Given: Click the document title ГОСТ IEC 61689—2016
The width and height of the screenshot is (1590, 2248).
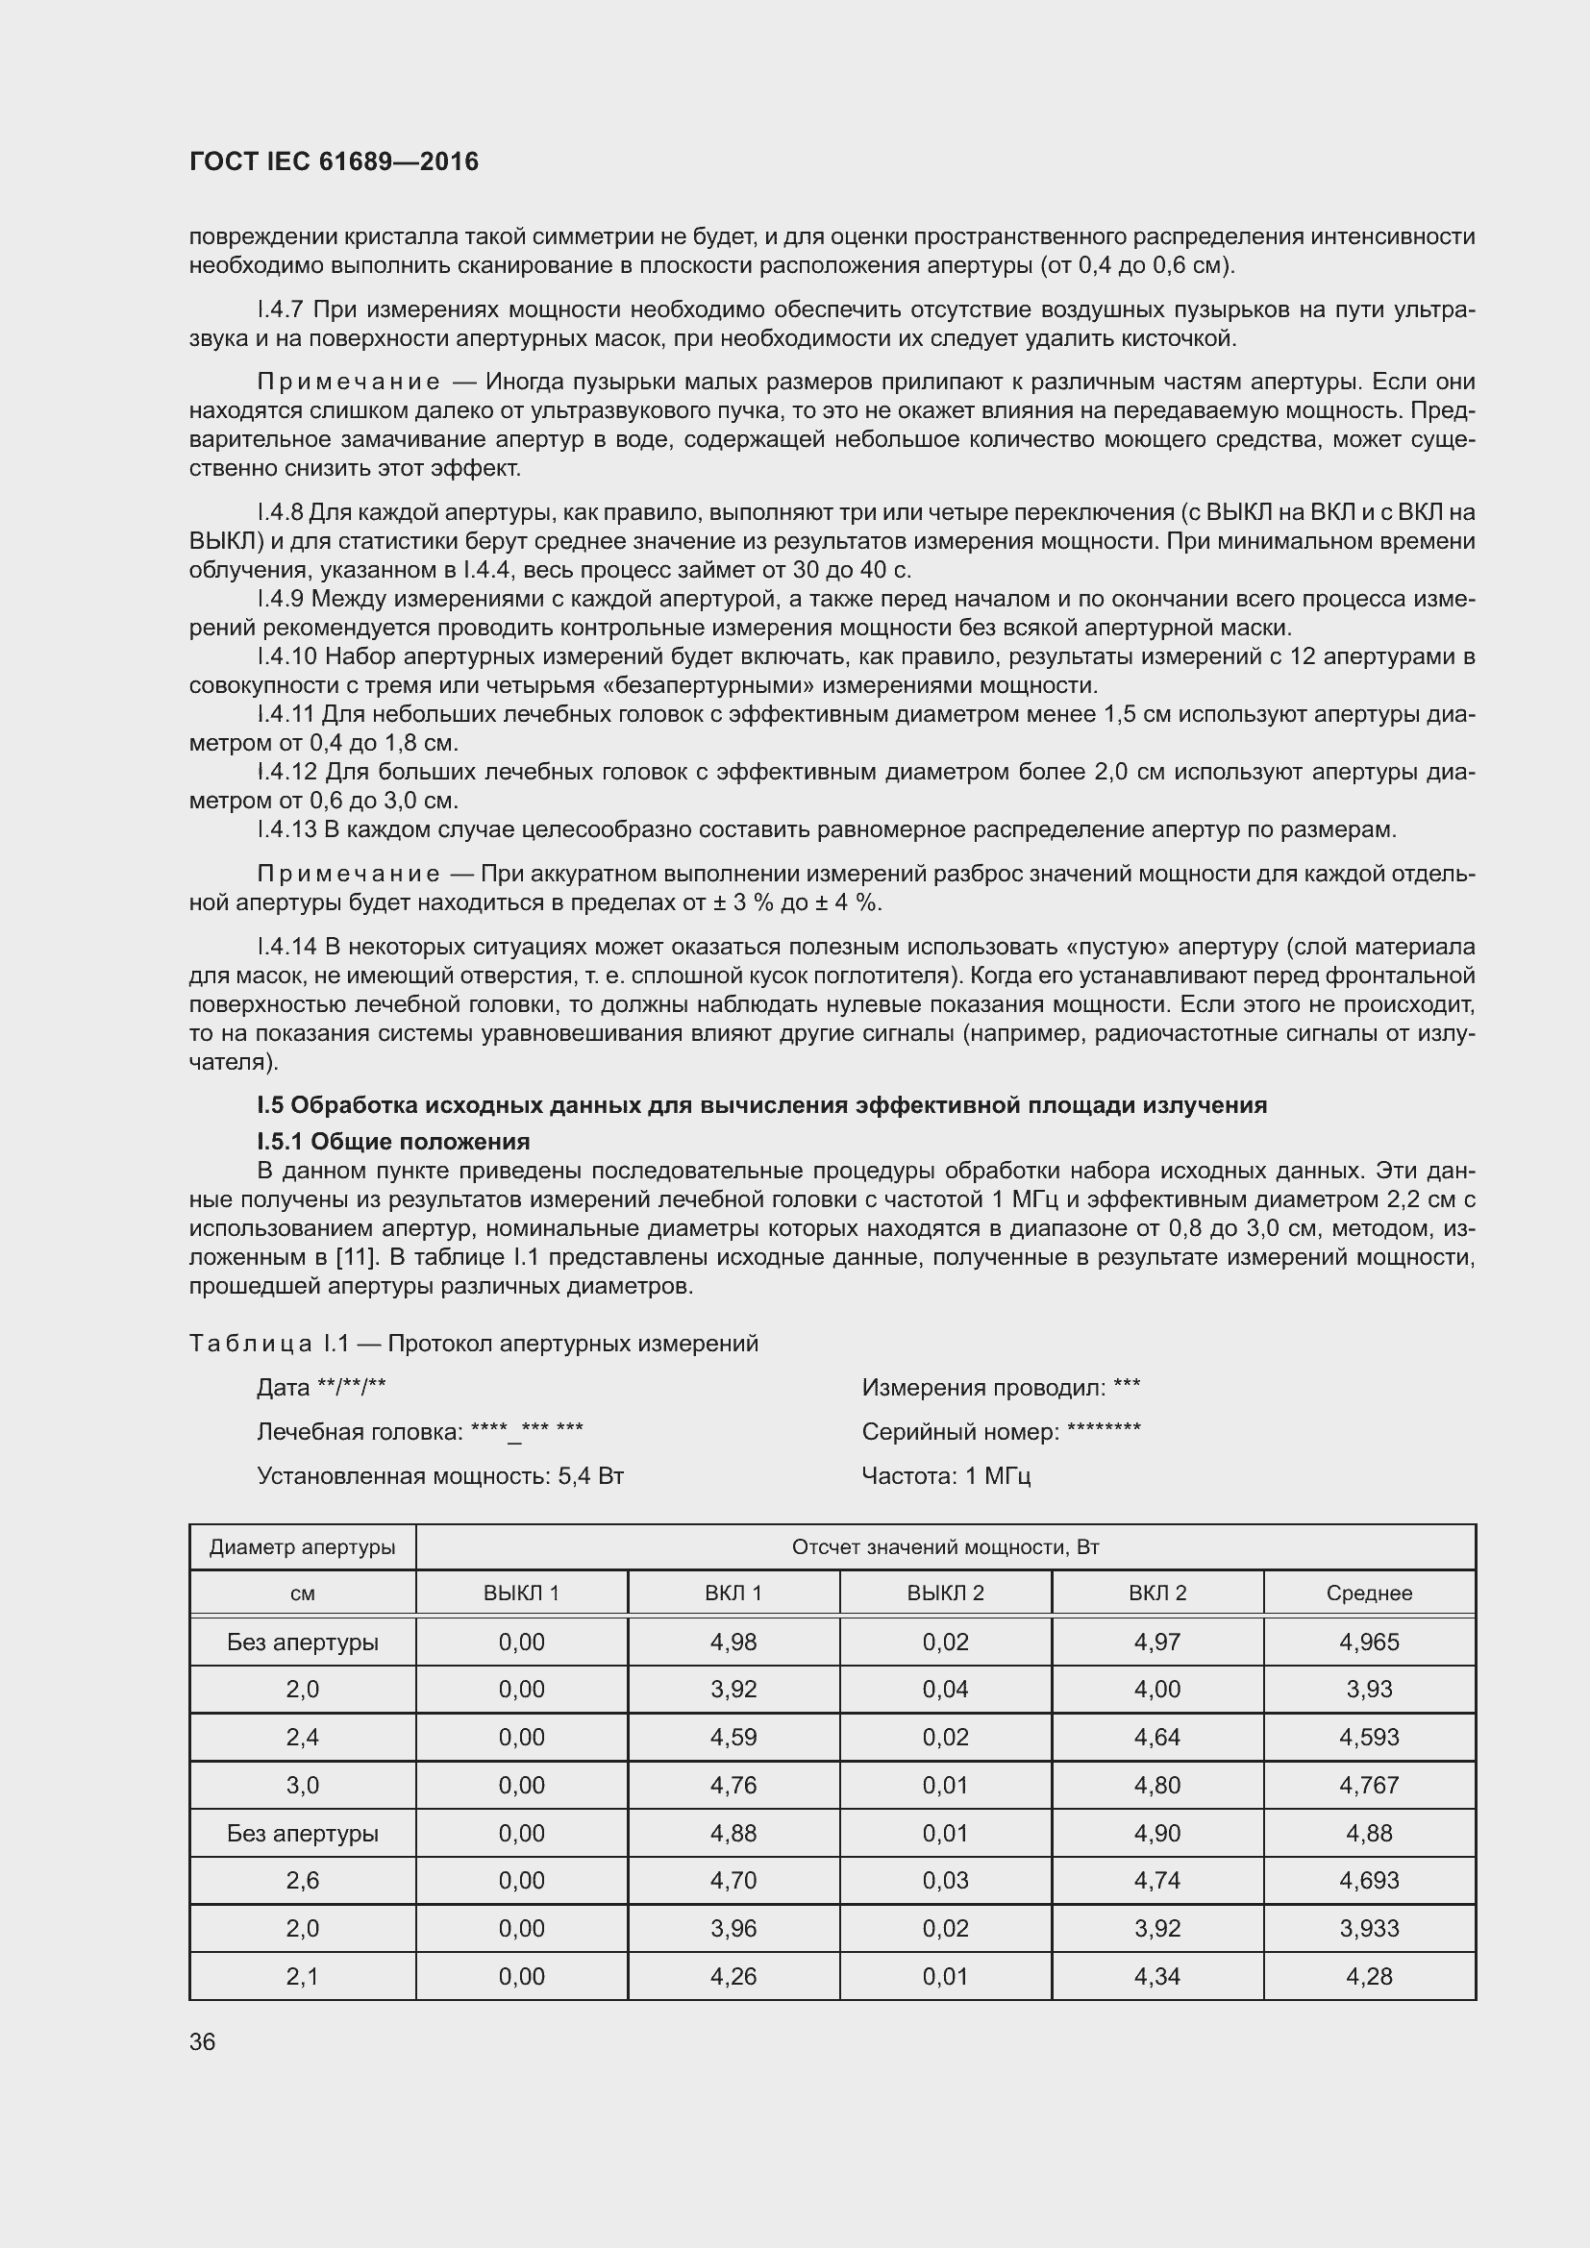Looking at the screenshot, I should [x=334, y=161].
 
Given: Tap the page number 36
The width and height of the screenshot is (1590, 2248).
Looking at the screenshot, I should [x=203, y=2041].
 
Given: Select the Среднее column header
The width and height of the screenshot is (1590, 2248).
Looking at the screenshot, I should [x=1369, y=1593].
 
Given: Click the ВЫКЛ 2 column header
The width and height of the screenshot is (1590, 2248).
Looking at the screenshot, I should [x=945, y=1593].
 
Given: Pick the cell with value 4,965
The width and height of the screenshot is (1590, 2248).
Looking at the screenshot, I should [x=1369, y=1642].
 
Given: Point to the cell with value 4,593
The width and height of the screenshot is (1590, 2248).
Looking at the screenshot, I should [x=1369, y=1737].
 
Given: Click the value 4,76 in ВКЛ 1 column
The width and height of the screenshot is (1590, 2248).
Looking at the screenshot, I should [x=733, y=1785].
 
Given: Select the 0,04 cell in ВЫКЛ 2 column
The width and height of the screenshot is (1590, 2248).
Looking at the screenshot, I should [x=945, y=1689].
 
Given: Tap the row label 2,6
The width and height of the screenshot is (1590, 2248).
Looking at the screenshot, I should [x=303, y=1880].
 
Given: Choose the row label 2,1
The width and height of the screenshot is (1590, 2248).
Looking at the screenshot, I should [x=303, y=1976].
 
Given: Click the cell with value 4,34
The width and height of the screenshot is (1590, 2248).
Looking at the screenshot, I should [x=1157, y=1976].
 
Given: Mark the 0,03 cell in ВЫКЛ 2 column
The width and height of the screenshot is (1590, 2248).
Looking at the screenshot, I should [x=945, y=1880].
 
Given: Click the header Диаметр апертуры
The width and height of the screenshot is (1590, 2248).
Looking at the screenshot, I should [x=303, y=1547].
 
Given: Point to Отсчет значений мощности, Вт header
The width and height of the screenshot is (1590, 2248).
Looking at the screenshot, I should [x=945, y=1547].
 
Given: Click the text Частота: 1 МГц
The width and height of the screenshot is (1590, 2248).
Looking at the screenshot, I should [x=946, y=1475].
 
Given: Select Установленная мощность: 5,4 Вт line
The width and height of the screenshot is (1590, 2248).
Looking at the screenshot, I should [x=440, y=1475].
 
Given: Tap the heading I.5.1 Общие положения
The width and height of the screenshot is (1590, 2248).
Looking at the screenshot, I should [x=393, y=1142].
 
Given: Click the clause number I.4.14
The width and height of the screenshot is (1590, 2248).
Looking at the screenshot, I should [x=286, y=947].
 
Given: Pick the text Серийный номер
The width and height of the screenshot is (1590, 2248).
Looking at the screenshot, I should [x=959, y=1431].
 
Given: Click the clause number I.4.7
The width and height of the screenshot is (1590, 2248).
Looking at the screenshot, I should [x=281, y=310].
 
